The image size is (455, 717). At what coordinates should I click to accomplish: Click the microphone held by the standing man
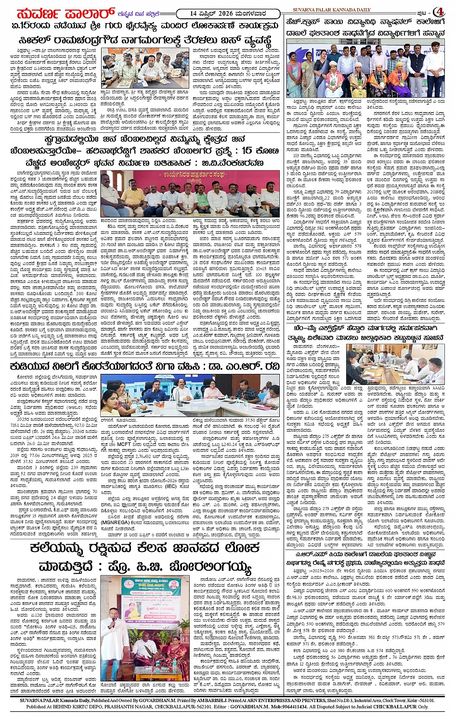(x=113, y=619)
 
